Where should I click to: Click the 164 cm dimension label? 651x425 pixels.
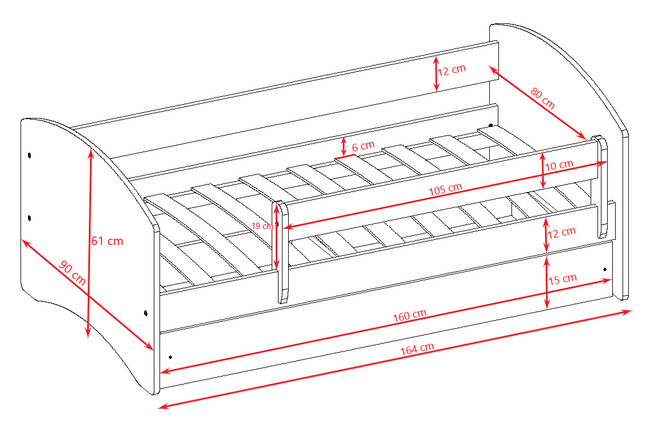[417, 349]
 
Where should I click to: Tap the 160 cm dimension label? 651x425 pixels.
[410, 314]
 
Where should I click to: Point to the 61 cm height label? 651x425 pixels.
[108, 241]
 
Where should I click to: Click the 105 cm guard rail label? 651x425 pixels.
[446, 188]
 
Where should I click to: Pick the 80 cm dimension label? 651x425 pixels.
[542, 98]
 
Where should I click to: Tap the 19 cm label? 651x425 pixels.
[262, 226]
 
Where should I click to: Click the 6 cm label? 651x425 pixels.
[363, 146]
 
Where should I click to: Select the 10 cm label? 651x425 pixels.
[559, 166]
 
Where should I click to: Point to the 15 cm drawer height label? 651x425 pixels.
[563, 279]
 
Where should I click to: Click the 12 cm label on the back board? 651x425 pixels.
[452, 70]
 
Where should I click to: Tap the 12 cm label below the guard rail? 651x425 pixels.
[562, 232]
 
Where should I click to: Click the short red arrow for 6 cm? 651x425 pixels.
[343, 145]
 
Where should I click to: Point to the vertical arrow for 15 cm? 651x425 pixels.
[547, 283]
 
